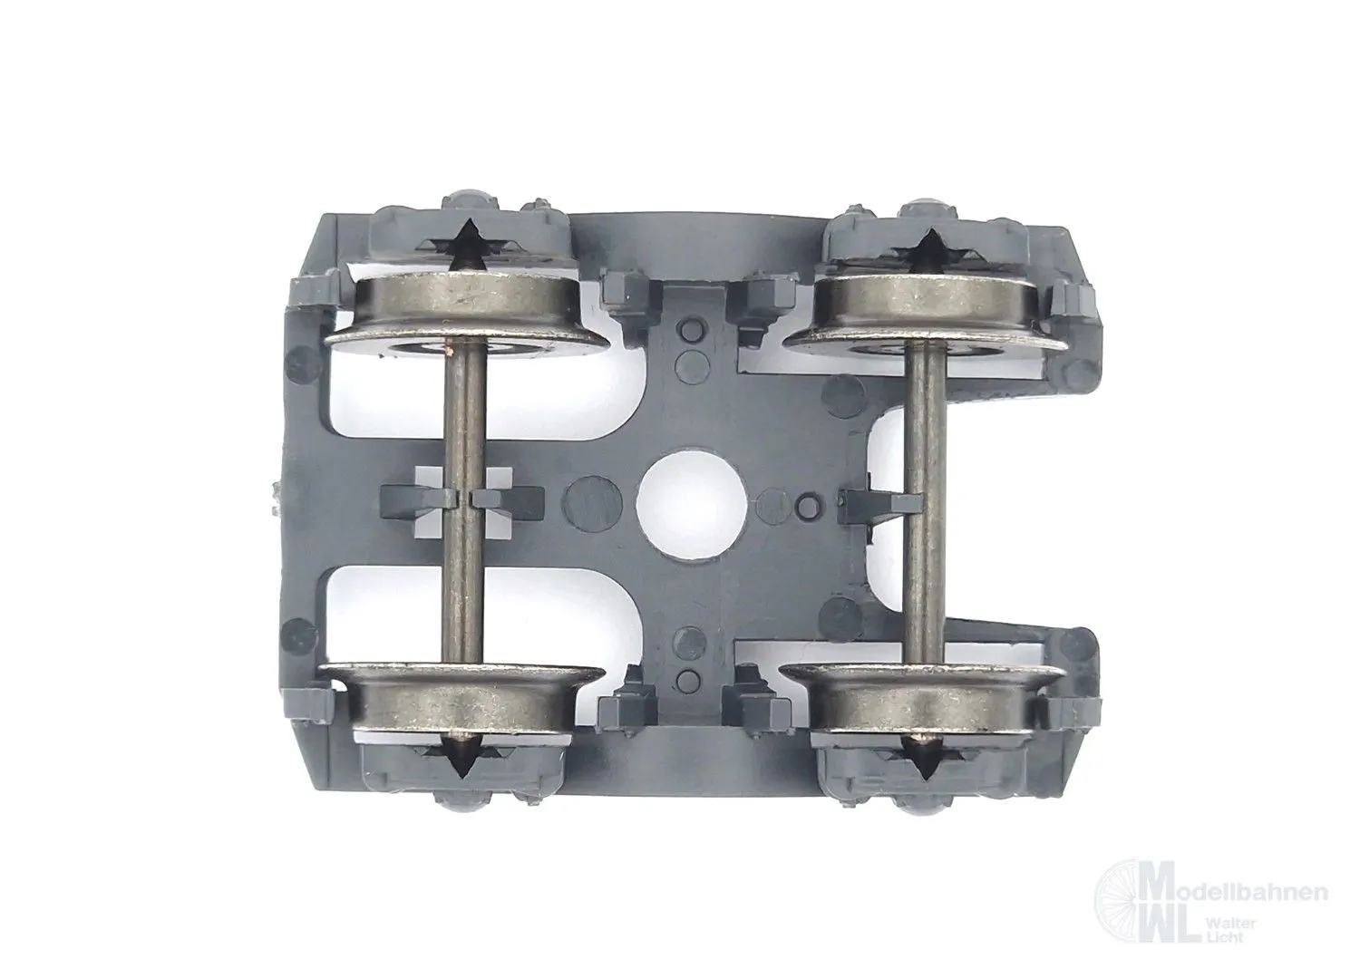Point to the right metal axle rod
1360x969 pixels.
[x=924, y=504]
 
